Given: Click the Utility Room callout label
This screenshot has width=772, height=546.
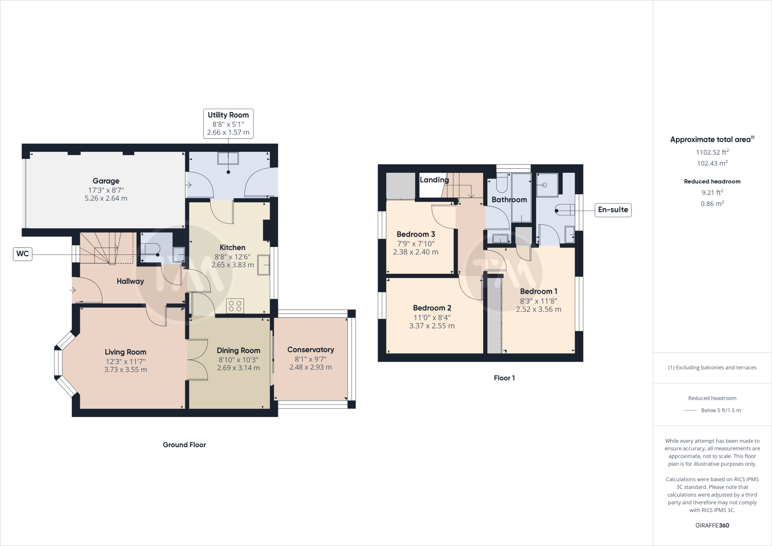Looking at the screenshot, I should [228, 124].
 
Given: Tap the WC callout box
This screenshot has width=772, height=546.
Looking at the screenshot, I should [23, 254].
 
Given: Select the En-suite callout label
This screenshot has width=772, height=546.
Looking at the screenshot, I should [613, 210].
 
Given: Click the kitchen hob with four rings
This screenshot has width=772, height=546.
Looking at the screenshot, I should [235, 306].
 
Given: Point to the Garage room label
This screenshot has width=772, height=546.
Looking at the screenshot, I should [106, 181].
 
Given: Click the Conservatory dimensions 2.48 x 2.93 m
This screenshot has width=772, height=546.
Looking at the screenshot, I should [311, 367].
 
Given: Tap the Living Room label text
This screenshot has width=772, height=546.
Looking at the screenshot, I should [126, 352].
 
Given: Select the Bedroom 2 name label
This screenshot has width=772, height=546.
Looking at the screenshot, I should [432, 308].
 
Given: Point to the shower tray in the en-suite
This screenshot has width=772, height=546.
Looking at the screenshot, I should [547, 185].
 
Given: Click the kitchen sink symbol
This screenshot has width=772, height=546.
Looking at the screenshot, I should [264, 265].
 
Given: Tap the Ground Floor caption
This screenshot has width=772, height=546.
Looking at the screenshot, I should [184, 445].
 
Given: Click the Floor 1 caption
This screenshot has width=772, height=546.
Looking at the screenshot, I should [504, 378].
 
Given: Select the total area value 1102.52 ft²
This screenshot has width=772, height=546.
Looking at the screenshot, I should [712, 152].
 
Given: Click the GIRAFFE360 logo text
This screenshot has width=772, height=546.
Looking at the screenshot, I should [712, 525].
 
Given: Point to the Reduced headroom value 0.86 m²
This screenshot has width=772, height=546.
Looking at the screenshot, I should [712, 204].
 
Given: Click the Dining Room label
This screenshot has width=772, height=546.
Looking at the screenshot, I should [238, 351].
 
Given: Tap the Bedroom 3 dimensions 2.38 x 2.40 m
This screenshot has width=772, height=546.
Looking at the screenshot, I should [415, 252].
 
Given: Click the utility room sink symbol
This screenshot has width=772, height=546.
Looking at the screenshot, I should [228, 158].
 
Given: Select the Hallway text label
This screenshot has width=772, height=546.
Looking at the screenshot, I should [130, 281].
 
